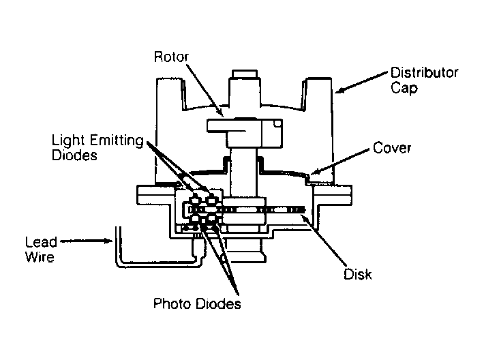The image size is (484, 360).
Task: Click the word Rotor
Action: click(x=171, y=57)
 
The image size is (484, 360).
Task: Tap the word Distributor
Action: click(x=425, y=73)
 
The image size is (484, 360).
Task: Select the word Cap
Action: click(x=404, y=89)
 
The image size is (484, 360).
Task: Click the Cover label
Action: click(x=392, y=148)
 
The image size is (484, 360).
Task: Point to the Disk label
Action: click(x=358, y=274)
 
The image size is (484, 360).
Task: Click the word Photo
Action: click(x=172, y=304)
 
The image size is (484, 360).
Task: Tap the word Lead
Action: click(x=41, y=242)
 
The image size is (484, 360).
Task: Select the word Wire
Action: click(x=40, y=257)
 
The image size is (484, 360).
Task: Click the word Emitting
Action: click(x=117, y=140)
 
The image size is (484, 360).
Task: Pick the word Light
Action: click(x=69, y=140)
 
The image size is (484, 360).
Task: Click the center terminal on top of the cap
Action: click(x=245, y=74)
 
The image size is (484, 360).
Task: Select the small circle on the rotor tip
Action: click(x=277, y=124)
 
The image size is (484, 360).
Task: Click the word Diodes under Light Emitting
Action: click(x=74, y=155)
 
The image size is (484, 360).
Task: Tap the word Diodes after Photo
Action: click(x=219, y=304)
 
